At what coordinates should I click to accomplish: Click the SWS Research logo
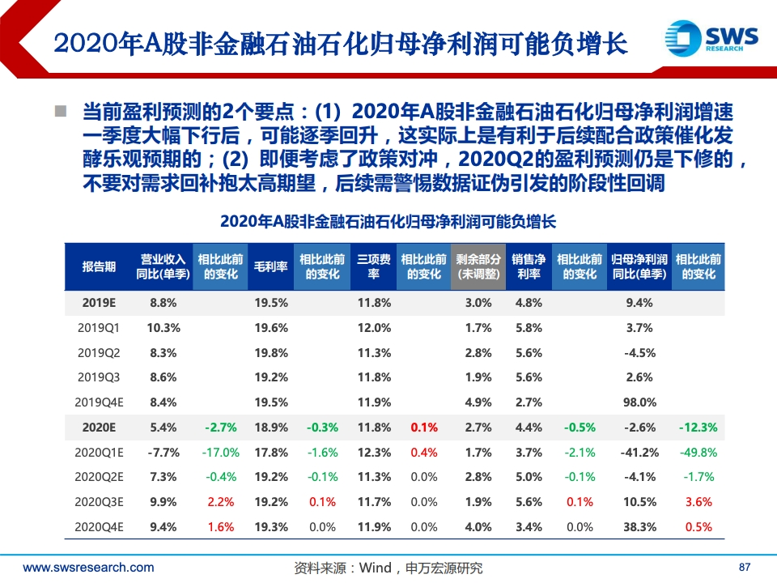(x=711, y=39)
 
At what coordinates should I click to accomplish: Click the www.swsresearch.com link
(x=88, y=568)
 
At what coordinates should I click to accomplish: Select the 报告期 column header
(x=99, y=266)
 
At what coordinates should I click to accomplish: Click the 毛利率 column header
(x=271, y=266)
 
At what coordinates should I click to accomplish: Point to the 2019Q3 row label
(x=99, y=377)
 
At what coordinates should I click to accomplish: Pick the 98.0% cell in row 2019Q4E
(x=639, y=402)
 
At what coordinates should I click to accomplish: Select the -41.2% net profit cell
(x=639, y=452)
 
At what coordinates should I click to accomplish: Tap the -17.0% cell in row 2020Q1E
(x=220, y=452)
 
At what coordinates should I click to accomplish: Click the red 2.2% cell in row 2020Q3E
(x=220, y=502)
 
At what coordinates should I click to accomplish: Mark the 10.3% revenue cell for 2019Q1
(x=163, y=328)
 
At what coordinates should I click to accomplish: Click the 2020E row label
(x=99, y=427)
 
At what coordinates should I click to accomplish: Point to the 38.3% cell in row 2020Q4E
(x=639, y=527)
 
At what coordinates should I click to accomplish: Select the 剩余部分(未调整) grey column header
(x=478, y=266)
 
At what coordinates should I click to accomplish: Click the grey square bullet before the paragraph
(x=60, y=110)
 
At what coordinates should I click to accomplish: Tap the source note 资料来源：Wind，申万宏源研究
(x=388, y=568)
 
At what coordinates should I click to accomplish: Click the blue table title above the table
(x=388, y=221)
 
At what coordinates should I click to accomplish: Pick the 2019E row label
(x=99, y=303)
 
